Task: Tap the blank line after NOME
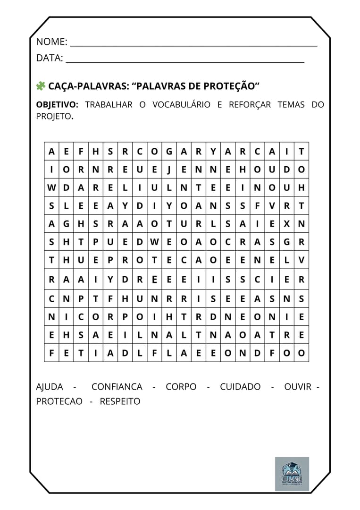click(193, 45)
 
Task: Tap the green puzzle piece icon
click(41, 86)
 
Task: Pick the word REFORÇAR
click(250, 105)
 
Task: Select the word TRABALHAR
click(109, 105)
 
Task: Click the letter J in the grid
click(169, 170)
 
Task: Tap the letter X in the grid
click(287, 224)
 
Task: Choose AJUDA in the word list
click(50, 387)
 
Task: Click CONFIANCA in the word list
click(117, 387)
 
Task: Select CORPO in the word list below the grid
click(181, 387)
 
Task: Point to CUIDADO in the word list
click(240, 387)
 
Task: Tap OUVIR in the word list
click(298, 387)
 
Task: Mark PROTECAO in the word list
click(59, 401)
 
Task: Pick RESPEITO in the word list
click(120, 401)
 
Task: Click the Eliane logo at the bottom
click(292, 474)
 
